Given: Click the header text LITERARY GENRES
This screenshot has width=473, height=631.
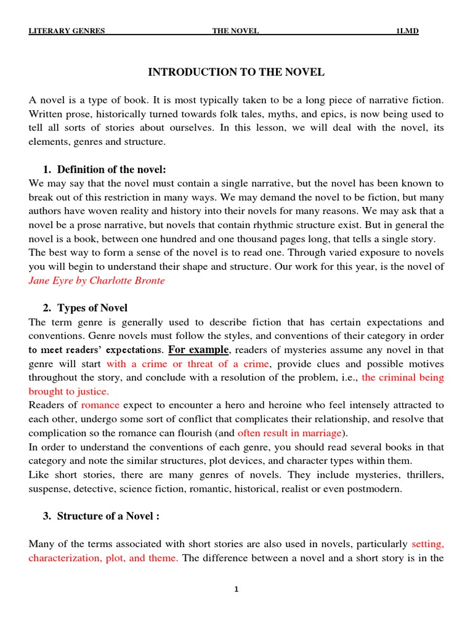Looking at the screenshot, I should (67, 31).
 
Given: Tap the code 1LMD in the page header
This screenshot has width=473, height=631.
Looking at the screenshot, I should (407, 31).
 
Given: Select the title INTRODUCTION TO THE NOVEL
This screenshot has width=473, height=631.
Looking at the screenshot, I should (236, 73).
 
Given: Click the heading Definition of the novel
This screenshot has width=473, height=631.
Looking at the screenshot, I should (111, 169).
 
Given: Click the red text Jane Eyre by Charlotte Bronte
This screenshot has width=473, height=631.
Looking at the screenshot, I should (97, 280).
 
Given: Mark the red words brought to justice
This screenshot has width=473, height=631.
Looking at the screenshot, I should (68, 391).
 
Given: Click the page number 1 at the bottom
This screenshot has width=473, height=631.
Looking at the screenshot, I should (236, 590).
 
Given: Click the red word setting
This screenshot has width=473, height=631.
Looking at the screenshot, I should (427, 544).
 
